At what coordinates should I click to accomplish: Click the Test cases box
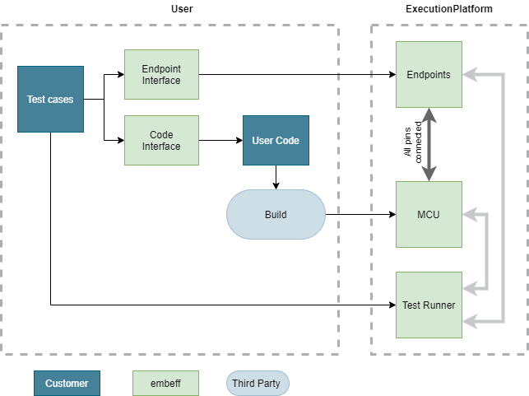click(50, 100)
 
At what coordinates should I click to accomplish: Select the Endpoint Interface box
click(161, 75)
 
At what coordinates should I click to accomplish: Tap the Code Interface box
click(161, 141)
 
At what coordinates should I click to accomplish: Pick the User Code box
click(276, 141)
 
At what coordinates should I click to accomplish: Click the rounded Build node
click(276, 215)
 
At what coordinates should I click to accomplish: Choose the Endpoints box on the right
click(429, 75)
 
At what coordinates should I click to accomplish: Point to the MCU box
click(429, 215)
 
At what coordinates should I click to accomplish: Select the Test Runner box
click(429, 305)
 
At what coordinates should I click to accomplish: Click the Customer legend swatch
click(67, 384)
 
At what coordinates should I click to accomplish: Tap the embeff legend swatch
click(165, 384)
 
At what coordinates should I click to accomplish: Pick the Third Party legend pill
click(258, 384)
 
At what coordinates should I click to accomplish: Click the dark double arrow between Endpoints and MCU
click(429, 145)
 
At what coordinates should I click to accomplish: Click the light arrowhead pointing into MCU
click(468, 215)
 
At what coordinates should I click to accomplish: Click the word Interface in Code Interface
click(161, 147)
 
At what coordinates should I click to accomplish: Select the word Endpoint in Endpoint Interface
click(161, 69)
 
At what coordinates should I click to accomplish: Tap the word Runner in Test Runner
click(440, 305)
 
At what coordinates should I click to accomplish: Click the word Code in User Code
click(287, 141)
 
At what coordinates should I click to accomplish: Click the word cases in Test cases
click(61, 100)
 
